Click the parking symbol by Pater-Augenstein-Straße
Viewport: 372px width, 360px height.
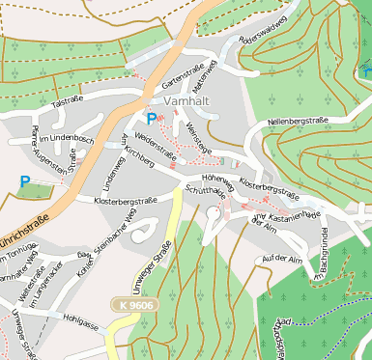click(24, 180)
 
